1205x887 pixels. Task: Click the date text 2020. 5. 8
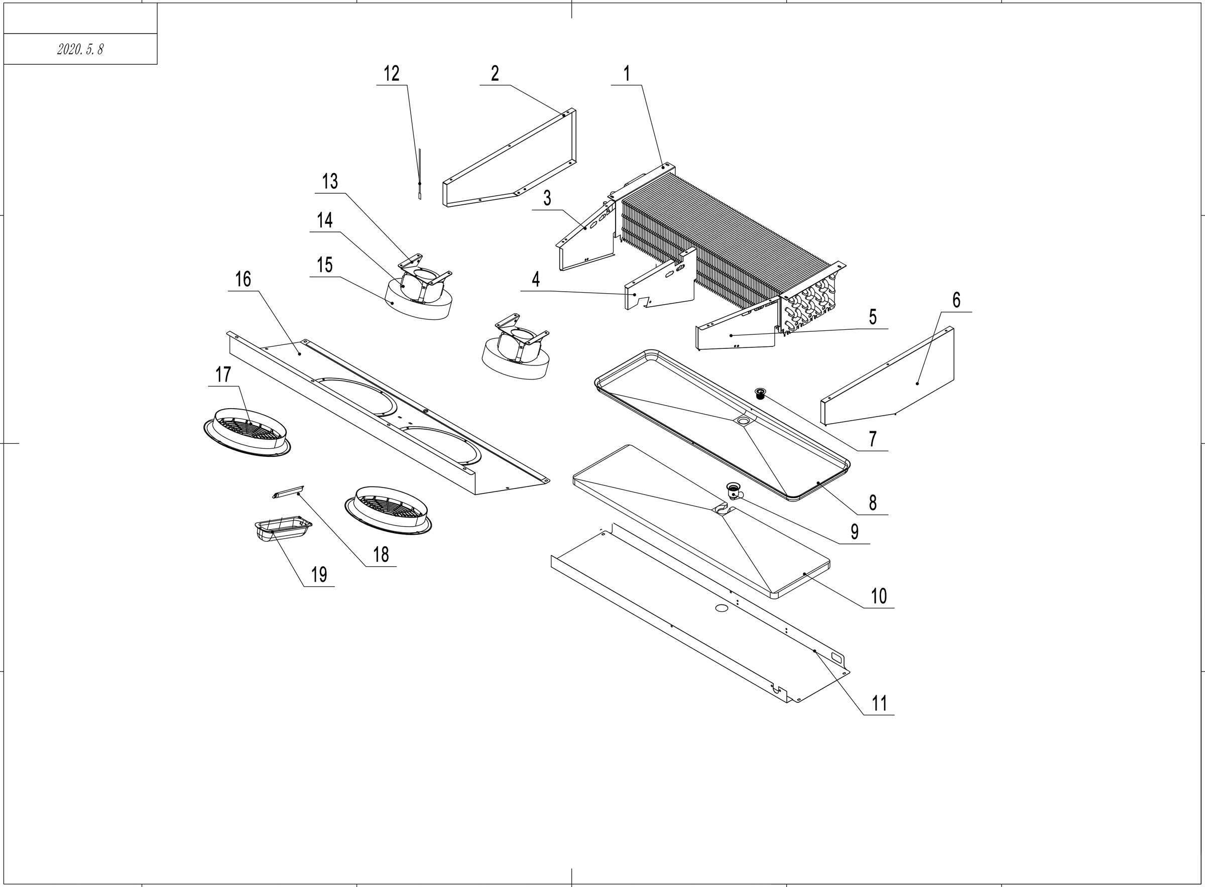pyautogui.click(x=80, y=49)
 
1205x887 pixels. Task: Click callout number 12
pyautogui.click(x=392, y=74)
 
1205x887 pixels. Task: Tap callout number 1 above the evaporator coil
pyautogui.click(x=626, y=74)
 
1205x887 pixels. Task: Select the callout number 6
pyautogui.click(x=956, y=300)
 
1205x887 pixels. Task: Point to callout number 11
pyautogui.click(x=879, y=703)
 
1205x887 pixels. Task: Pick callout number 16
pyautogui.click(x=243, y=279)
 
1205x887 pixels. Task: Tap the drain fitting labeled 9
pyautogui.click(x=733, y=490)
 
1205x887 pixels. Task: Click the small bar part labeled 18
pyautogui.click(x=288, y=491)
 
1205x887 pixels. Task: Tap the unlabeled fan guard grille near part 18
pyautogui.click(x=388, y=510)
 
